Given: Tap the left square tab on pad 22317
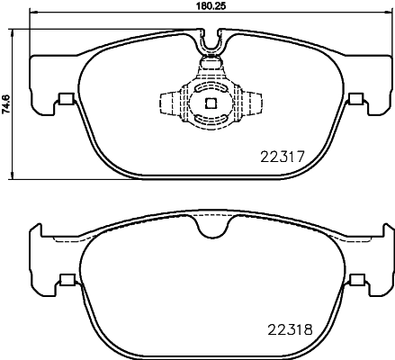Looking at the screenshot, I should pyautogui.click(x=64, y=100).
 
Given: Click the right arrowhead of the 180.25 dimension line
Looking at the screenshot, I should pyautogui.click(x=391, y=14).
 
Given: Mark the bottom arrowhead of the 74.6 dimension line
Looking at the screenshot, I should pyautogui.click(x=15, y=176).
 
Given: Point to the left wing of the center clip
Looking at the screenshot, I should pyautogui.click(x=168, y=103).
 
